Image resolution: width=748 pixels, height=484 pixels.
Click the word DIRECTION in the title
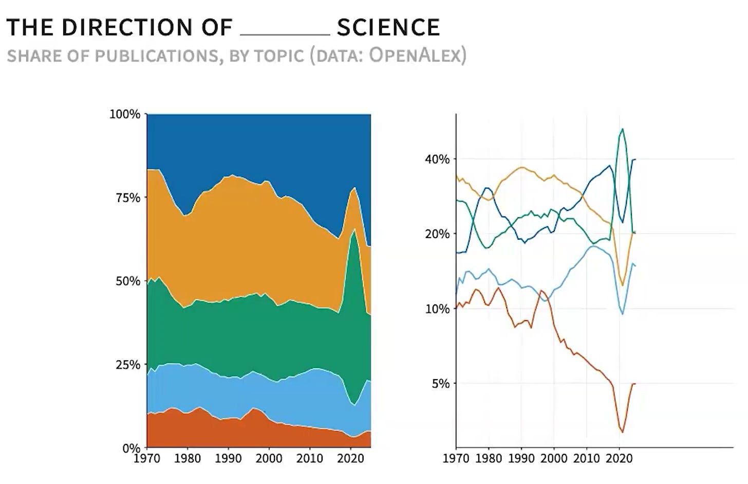(127, 27)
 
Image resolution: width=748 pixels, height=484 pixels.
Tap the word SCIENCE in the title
(388, 27)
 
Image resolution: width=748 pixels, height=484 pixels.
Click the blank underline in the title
(285, 34)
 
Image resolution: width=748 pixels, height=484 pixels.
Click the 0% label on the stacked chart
(132, 448)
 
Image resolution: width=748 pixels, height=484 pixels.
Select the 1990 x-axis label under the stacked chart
(229, 458)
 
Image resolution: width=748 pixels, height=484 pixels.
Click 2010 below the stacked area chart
(310, 458)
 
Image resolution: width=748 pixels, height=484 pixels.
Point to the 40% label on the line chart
(438, 159)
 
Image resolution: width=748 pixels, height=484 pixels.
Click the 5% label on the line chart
(441, 384)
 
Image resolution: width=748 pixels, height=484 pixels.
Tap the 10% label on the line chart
(438, 309)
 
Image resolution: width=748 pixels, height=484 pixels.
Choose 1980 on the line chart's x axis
(489, 458)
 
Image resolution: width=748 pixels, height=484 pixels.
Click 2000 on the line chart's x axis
(554, 458)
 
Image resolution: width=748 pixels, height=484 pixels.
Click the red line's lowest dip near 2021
(623, 432)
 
